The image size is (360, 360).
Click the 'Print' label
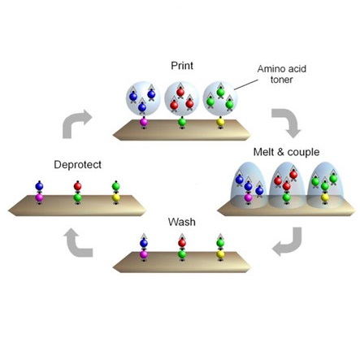pyautogui.click(x=182, y=66)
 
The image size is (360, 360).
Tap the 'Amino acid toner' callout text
pyautogui.click(x=282, y=74)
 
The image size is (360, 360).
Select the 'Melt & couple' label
pyautogui.click(x=286, y=152)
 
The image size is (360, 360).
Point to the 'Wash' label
pyautogui.click(x=182, y=222)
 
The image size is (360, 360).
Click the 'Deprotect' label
pyautogui.click(x=77, y=165)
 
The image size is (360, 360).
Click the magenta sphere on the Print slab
pyautogui.click(x=144, y=122)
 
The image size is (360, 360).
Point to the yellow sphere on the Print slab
pyautogui.click(x=220, y=122)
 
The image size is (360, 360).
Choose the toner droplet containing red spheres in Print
pyautogui.click(x=182, y=98)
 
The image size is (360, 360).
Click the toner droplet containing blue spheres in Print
pyautogui.click(x=143, y=98)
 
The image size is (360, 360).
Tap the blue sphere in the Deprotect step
pyautogui.click(x=39, y=186)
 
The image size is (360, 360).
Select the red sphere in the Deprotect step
pyautogui.click(x=77, y=186)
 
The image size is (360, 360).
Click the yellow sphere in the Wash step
pyautogui.click(x=220, y=254)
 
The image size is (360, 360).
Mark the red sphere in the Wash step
pyautogui.click(x=182, y=243)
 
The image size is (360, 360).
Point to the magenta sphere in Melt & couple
pyautogui.click(x=248, y=197)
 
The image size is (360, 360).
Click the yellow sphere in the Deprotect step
pyautogui.click(x=116, y=197)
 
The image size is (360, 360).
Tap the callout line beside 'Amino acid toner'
pyautogui.click(x=246, y=85)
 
